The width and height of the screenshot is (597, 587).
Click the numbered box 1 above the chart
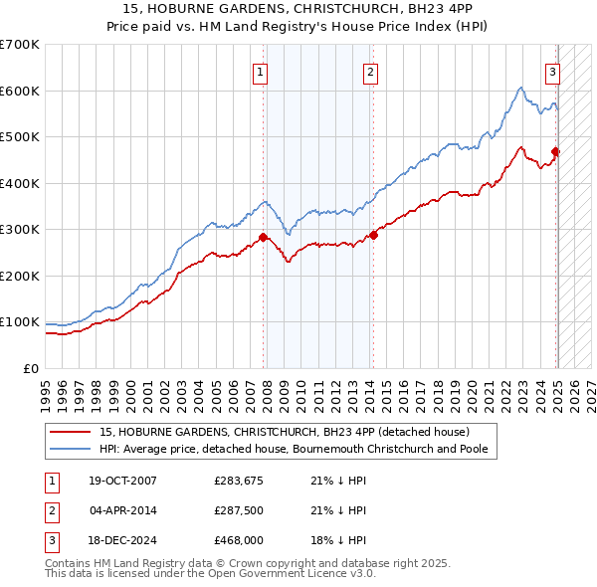click(260, 71)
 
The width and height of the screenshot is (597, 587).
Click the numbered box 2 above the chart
click(369, 71)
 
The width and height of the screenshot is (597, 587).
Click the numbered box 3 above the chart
click(552, 71)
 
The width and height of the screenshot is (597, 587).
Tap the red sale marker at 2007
click(264, 237)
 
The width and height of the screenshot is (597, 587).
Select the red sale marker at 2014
click(374, 235)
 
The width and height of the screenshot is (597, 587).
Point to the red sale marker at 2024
click(556, 151)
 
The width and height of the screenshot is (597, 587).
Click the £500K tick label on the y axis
click(19, 137)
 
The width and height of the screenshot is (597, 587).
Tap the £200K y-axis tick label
click(19, 276)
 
